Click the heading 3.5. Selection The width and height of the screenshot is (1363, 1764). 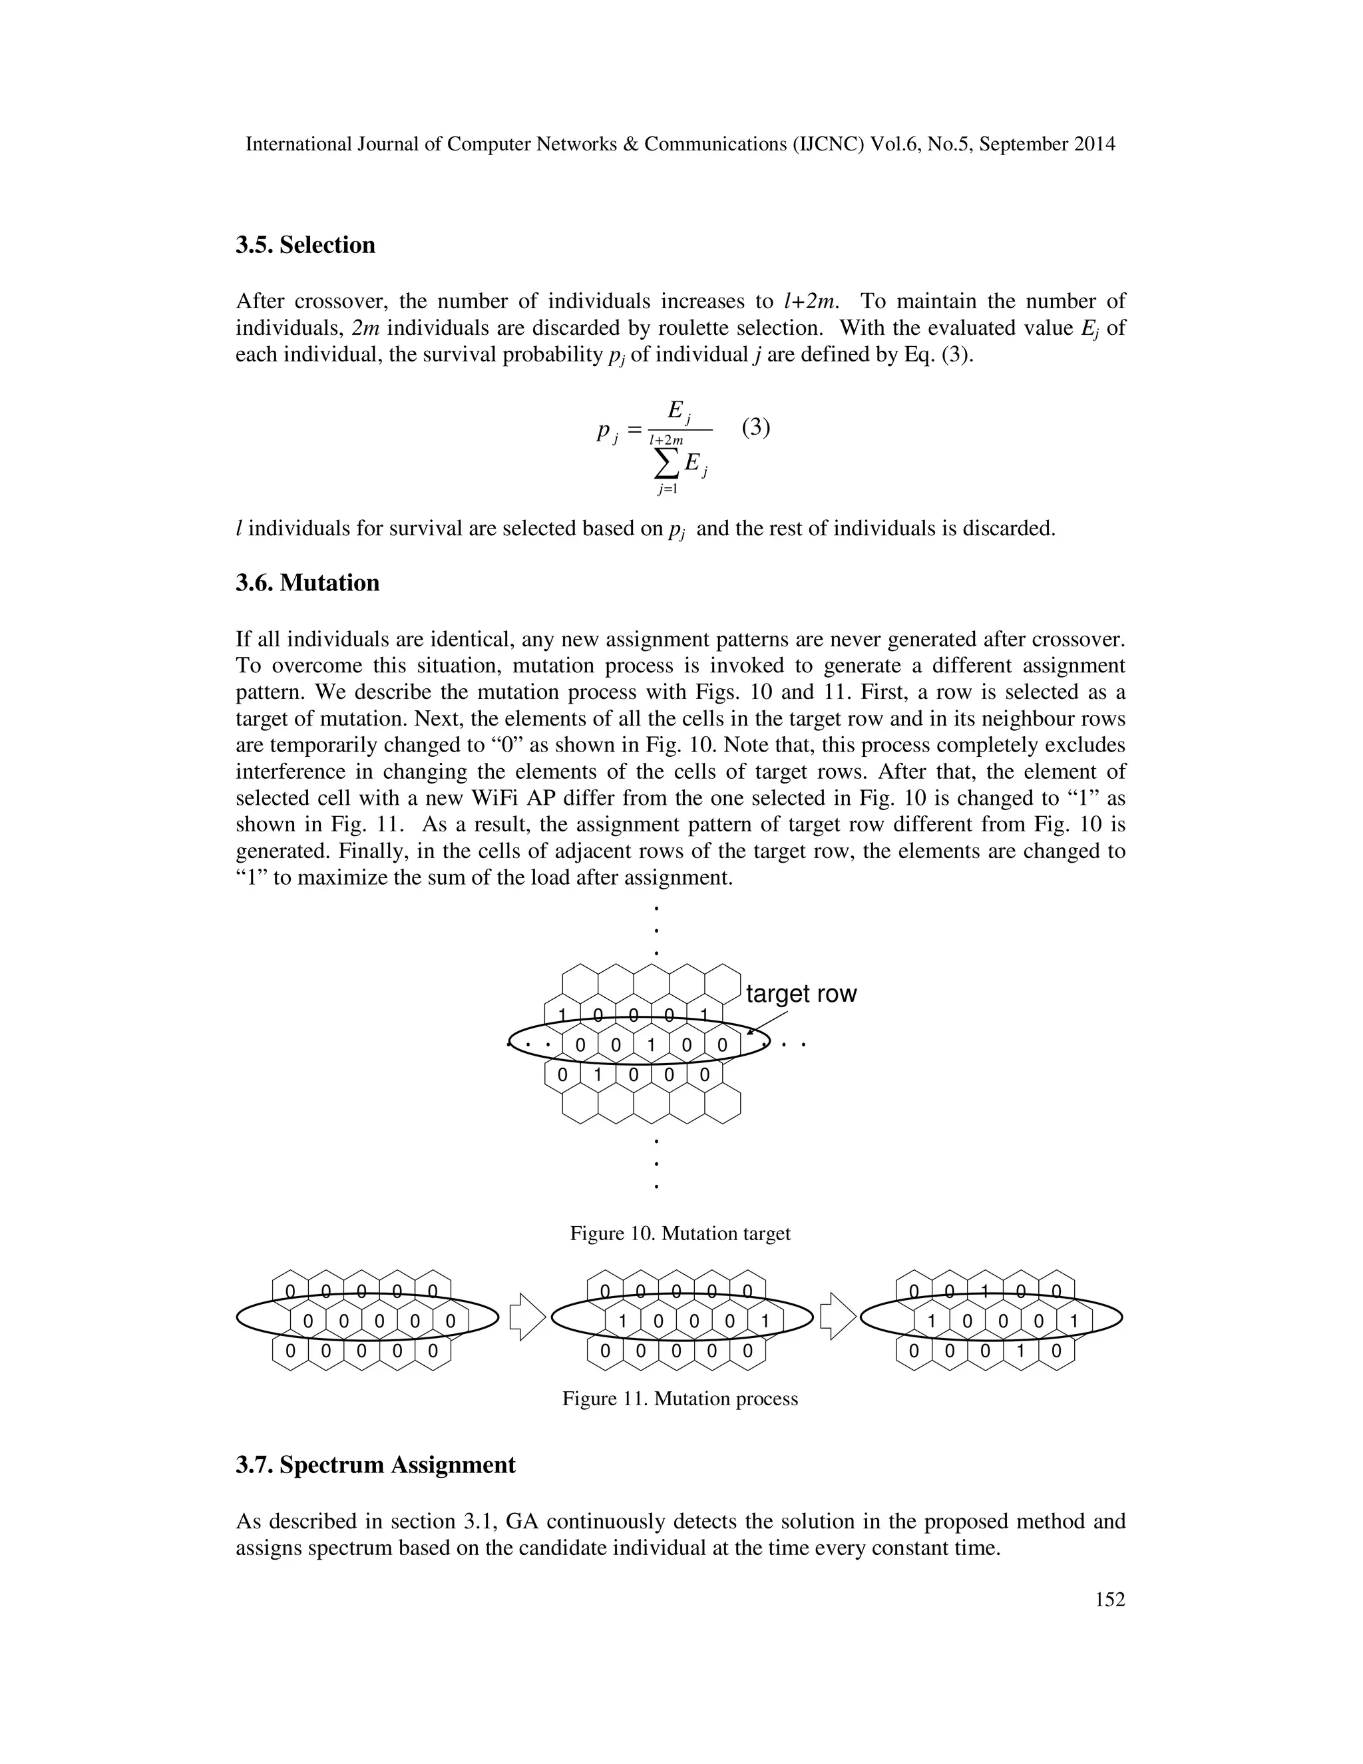[x=305, y=245]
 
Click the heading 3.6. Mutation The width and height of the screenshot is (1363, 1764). [x=307, y=582]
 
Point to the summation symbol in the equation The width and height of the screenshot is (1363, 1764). [x=666, y=463]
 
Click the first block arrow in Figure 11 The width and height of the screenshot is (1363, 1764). [x=527, y=1317]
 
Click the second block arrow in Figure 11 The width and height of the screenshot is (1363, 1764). [x=837, y=1317]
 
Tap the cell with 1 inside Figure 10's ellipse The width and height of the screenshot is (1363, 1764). [x=651, y=1046]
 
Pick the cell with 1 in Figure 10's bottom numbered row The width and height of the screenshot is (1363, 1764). [x=598, y=1075]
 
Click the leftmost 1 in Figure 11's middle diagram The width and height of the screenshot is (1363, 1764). [x=622, y=1322]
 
